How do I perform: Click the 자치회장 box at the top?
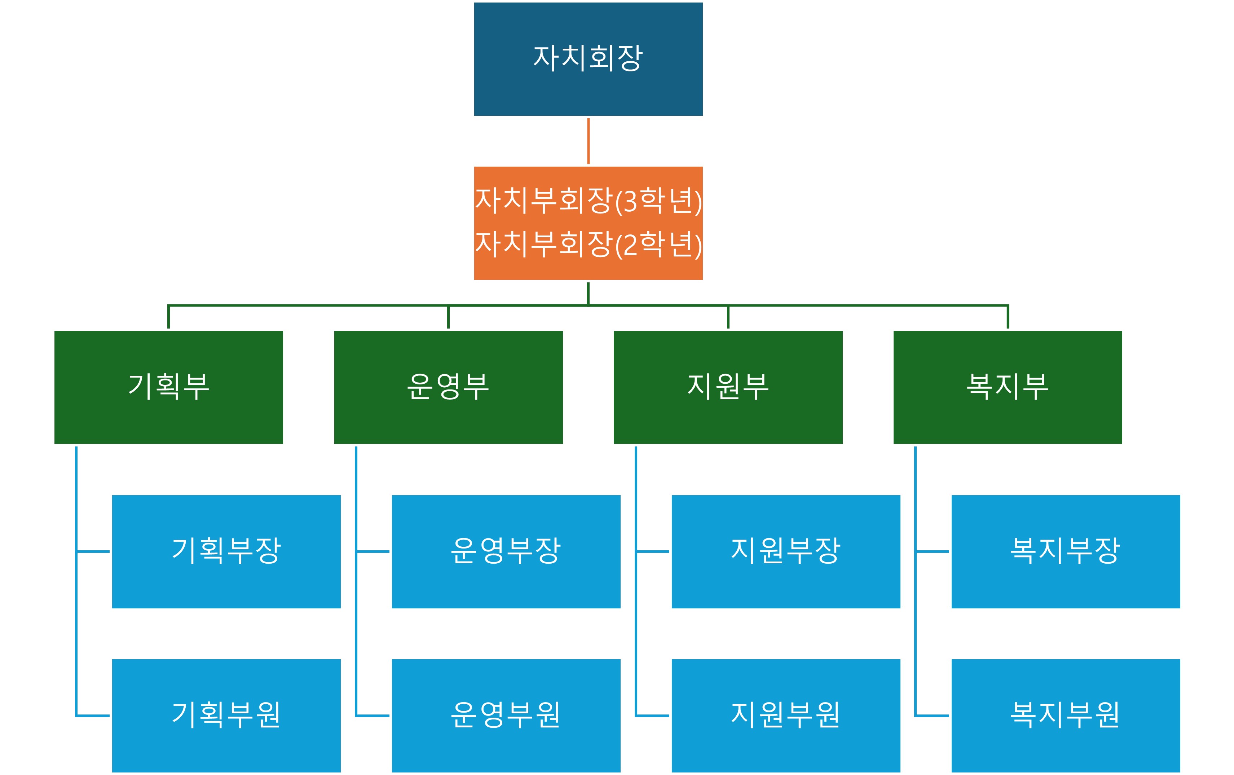click(588, 59)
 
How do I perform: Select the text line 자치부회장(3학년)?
click(588, 201)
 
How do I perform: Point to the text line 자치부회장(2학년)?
click(588, 245)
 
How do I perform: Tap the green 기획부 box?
click(169, 387)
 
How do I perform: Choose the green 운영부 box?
click(448, 387)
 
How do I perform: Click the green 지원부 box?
click(728, 387)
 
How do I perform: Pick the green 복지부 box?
click(1008, 387)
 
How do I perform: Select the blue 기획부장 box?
click(226, 551)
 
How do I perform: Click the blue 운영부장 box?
click(506, 551)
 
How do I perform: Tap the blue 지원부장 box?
click(786, 551)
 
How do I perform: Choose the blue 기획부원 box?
click(226, 715)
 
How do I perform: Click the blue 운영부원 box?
click(506, 715)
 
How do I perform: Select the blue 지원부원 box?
click(786, 715)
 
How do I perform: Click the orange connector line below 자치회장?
click(588, 141)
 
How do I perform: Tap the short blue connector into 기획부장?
click(93, 551)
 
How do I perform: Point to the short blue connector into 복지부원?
click(932, 715)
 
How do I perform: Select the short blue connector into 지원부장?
click(653, 551)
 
